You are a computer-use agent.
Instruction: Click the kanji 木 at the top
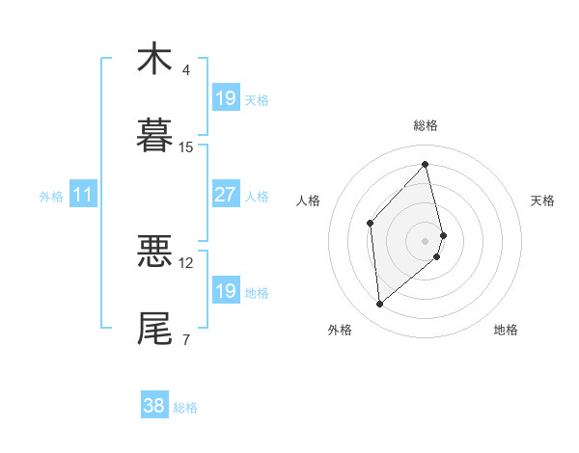[154, 59]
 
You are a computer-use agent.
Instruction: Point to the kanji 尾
[154, 328]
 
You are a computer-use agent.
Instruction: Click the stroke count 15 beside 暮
[186, 147]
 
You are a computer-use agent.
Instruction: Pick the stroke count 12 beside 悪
[186, 262]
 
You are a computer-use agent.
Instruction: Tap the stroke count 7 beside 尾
[185, 339]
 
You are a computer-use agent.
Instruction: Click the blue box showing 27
[225, 195]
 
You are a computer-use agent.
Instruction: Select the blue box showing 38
[153, 406]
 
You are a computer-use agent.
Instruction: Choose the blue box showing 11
[83, 195]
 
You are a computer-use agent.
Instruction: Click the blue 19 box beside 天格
[225, 98]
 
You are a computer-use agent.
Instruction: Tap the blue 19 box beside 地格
[225, 291]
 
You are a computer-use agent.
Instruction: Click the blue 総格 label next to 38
[185, 408]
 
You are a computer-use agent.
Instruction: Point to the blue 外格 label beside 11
[51, 197]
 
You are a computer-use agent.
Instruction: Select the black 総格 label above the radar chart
[426, 125]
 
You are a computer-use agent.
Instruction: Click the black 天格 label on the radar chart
[543, 200]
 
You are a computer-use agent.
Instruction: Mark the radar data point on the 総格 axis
[426, 164]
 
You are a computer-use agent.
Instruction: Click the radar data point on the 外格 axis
[380, 305]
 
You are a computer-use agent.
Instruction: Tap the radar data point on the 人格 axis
[371, 223]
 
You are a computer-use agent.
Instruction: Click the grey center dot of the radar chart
[426, 239]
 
